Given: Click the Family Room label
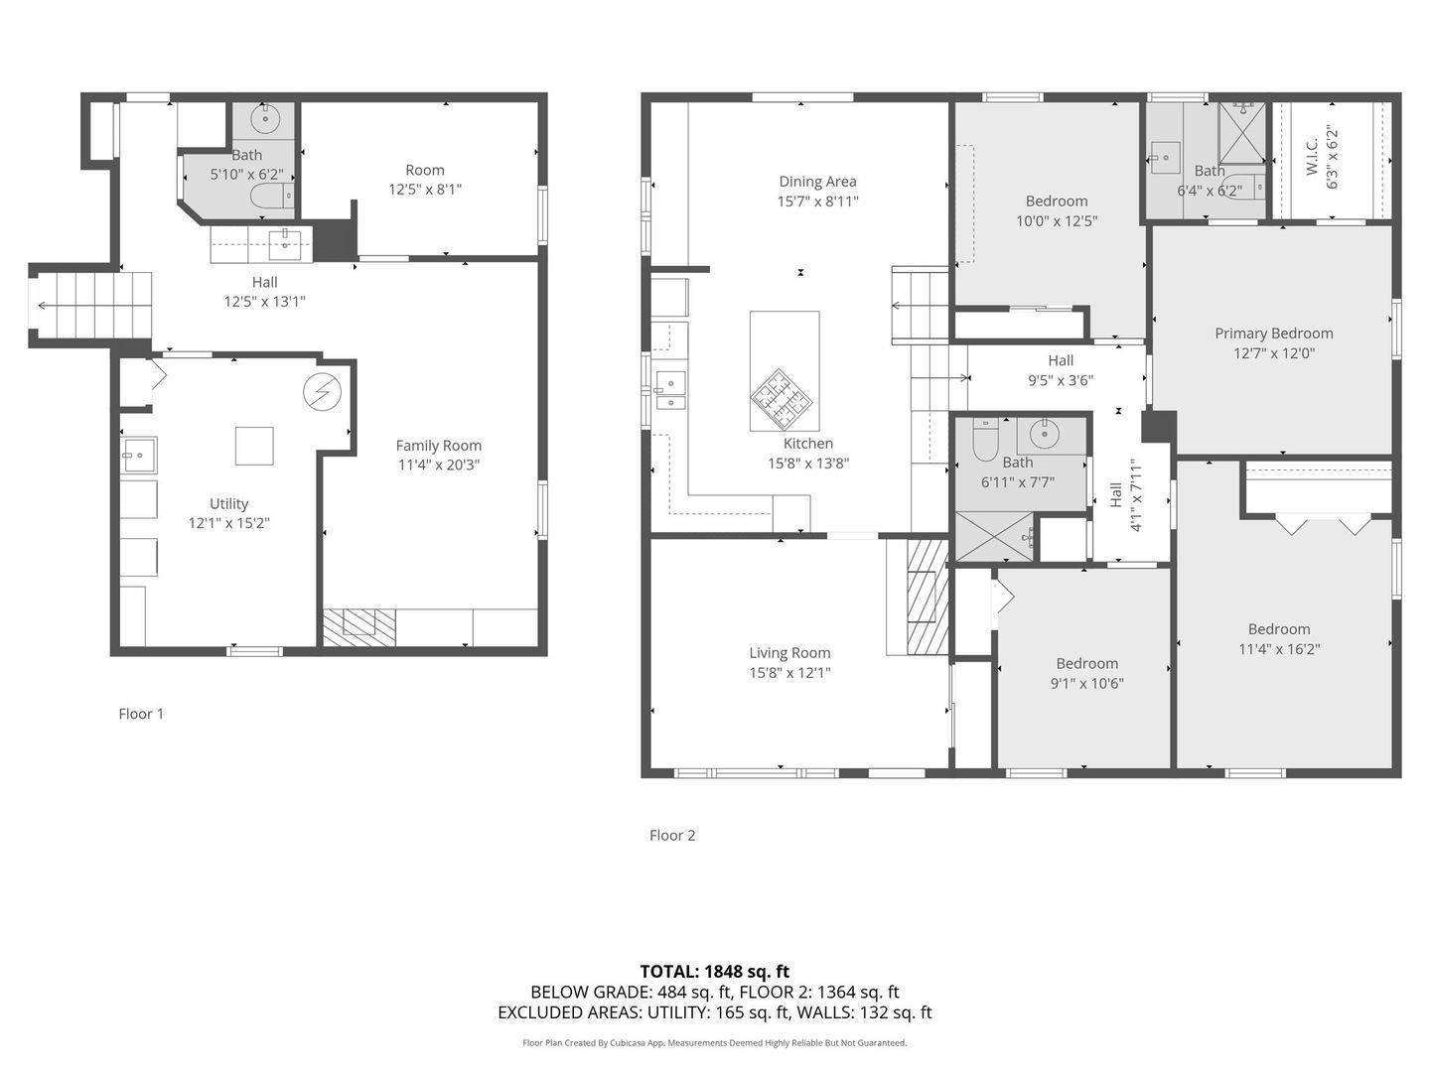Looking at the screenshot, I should (x=438, y=446).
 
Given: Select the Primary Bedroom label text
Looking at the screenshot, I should (x=1273, y=334).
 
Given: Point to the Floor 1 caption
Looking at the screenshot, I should (x=141, y=714).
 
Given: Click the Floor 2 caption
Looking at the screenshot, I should (x=672, y=835).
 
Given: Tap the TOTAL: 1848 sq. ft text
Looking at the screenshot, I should (x=714, y=972).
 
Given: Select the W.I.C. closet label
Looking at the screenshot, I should (x=1312, y=157).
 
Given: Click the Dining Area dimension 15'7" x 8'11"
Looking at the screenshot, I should (x=817, y=201).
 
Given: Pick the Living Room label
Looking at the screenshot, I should (x=789, y=653).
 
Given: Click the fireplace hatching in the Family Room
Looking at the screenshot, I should (x=358, y=623).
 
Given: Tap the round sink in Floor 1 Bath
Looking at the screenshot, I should (x=265, y=121).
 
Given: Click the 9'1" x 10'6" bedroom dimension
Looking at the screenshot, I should (x=1086, y=684).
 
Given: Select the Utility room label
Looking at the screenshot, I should (x=228, y=504).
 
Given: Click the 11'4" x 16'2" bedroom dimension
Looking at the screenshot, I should (x=1279, y=650).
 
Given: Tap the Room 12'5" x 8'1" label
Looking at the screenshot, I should (x=424, y=170).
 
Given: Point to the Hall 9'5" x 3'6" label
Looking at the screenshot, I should (x=1061, y=360).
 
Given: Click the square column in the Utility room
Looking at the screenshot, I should (x=254, y=446).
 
